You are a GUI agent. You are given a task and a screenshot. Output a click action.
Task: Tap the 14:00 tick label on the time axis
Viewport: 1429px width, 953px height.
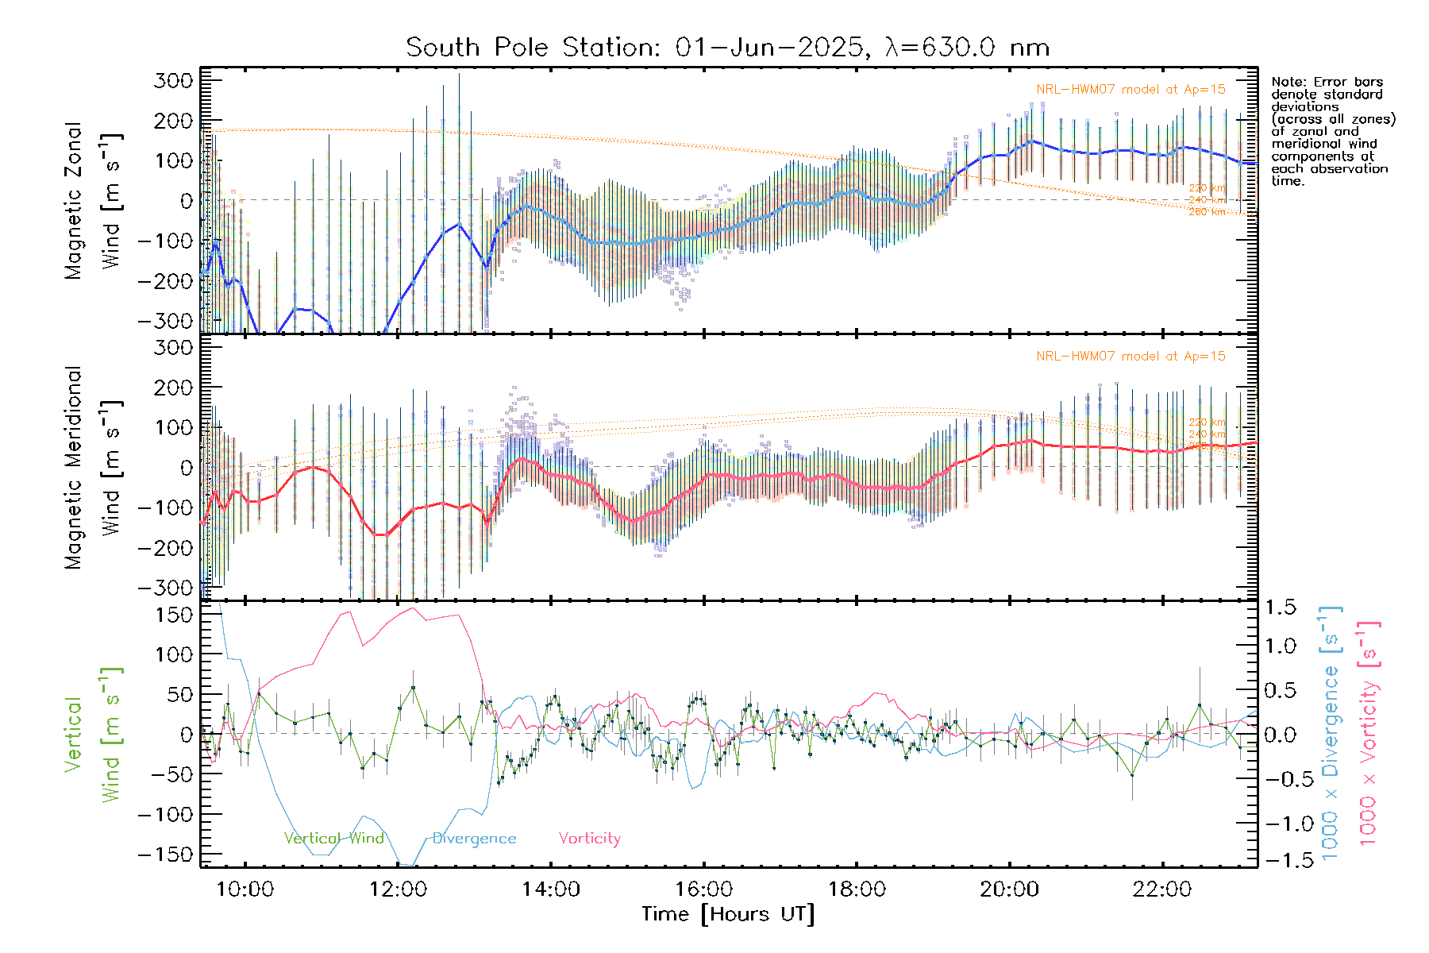551,889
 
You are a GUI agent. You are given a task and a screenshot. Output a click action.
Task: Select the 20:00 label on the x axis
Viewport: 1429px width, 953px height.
1009,889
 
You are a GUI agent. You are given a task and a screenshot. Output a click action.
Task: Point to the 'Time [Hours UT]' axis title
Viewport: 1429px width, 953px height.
728,915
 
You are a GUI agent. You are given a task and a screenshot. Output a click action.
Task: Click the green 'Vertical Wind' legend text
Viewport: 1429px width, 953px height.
334,839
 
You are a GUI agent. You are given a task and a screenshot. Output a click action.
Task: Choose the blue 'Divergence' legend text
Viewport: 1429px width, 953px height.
474,839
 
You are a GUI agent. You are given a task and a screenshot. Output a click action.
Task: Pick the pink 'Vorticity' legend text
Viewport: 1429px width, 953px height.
589,839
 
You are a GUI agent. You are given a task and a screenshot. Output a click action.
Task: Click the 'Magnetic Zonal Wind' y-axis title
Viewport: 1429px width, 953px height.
93,201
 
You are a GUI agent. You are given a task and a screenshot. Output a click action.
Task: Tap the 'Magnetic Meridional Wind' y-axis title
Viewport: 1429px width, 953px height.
93,468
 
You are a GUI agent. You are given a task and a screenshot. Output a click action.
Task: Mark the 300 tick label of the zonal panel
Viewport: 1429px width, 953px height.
174,81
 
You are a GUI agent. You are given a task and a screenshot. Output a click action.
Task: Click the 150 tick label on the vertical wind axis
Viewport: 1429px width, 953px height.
174,615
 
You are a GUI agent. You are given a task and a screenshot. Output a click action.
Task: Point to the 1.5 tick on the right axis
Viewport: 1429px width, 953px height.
1281,608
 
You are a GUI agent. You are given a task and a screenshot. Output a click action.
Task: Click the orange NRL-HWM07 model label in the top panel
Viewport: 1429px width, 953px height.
1130,90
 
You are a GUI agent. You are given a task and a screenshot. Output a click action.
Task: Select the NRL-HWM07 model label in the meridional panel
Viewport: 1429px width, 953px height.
1130,357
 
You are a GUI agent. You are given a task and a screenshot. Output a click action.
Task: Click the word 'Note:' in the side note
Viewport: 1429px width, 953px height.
1289,82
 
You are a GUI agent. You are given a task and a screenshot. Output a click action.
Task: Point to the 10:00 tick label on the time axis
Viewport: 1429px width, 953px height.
245,889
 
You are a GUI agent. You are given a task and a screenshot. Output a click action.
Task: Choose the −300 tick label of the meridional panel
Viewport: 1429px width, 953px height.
168,588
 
